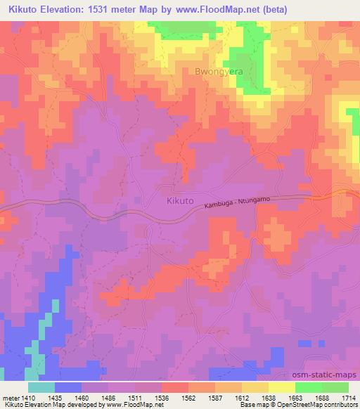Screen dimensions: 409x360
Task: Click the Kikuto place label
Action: coord(180,201)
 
